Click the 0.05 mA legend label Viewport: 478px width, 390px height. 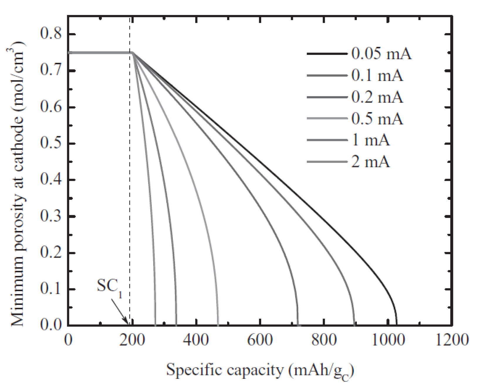381,54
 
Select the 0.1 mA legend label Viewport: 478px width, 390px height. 377,76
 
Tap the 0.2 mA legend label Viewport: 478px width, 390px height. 377,97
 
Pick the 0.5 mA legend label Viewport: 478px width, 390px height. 377,119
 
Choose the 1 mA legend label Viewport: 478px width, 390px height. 371,140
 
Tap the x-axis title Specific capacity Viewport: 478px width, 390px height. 260,371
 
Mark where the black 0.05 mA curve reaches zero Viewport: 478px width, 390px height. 396,324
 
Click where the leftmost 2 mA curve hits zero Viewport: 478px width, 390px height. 155,324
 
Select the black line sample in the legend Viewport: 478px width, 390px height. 327,54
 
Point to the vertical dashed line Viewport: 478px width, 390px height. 130,176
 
